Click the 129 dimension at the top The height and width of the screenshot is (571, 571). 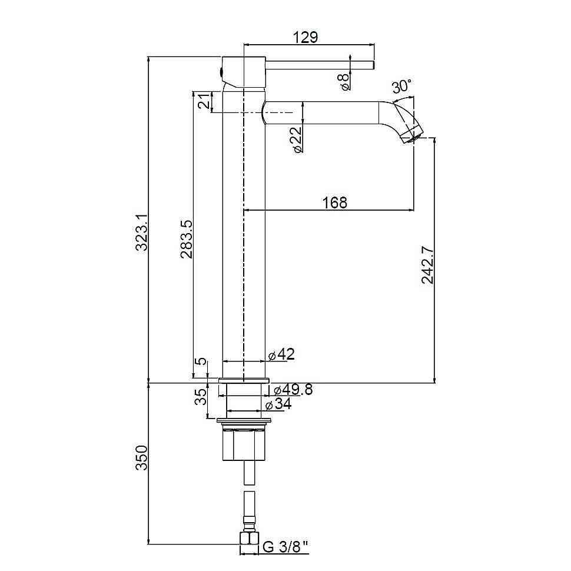[x=306, y=36]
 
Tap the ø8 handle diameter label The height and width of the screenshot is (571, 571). [x=344, y=81]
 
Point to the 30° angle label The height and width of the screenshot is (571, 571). [x=401, y=87]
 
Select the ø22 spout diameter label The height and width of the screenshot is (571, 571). [x=297, y=140]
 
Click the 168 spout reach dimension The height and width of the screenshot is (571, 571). [x=335, y=202]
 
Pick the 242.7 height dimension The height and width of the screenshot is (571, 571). [x=427, y=265]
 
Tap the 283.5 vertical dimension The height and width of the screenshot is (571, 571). [x=187, y=239]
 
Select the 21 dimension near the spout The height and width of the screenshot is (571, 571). [x=204, y=101]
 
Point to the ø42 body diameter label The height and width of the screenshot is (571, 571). [x=281, y=354]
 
